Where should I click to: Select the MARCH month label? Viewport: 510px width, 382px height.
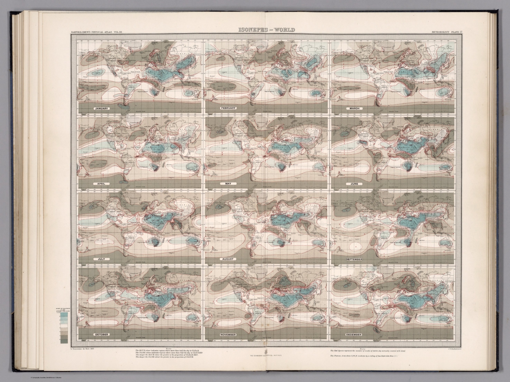(354, 108)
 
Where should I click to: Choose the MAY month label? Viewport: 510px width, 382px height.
(228, 184)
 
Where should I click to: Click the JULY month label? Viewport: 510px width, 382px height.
(99, 259)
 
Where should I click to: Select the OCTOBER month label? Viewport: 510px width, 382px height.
(101, 334)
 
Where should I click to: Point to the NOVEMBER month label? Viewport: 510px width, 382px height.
(228, 334)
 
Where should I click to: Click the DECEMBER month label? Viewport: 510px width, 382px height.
(354, 334)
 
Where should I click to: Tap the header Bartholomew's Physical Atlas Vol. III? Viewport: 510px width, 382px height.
(94, 32)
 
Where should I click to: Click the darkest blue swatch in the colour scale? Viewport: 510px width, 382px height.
(64, 316)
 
